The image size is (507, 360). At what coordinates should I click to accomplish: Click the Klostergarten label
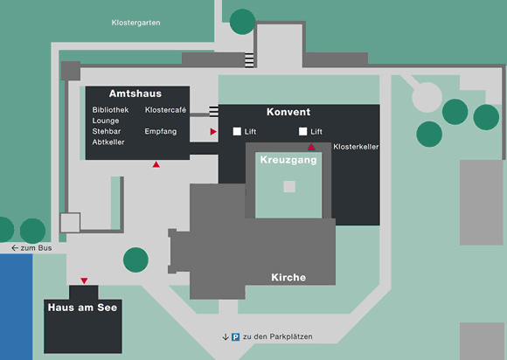(x=135, y=23)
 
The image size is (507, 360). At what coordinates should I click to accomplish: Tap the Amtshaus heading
(x=135, y=93)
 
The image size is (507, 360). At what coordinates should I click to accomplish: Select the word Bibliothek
(x=110, y=110)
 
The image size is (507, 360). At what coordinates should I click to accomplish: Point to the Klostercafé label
(x=165, y=110)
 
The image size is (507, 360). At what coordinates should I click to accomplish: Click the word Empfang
(x=161, y=132)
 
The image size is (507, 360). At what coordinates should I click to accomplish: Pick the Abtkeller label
(x=108, y=142)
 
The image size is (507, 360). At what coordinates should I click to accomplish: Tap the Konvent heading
(x=288, y=112)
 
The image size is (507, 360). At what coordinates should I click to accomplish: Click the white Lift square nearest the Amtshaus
(x=237, y=131)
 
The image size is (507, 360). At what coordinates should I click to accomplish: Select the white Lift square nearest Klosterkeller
(x=303, y=131)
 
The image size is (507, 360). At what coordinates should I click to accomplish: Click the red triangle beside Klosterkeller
(x=311, y=148)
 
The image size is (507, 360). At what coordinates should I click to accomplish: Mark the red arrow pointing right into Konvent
(x=213, y=132)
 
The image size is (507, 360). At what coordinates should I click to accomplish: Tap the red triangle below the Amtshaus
(x=156, y=165)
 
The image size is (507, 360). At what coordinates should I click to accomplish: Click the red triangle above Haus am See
(x=84, y=280)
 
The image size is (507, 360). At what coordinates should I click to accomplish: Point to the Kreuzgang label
(x=288, y=160)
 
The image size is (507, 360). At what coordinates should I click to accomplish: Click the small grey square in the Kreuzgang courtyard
(x=289, y=186)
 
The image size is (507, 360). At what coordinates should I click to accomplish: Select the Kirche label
(x=288, y=277)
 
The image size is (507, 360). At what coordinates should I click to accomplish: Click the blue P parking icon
(x=236, y=337)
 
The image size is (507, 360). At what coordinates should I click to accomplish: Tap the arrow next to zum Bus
(x=15, y=248)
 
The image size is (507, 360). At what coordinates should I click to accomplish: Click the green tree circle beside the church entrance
(x=135, y=260)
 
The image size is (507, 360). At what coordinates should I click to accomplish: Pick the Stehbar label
(x=107, y=132)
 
